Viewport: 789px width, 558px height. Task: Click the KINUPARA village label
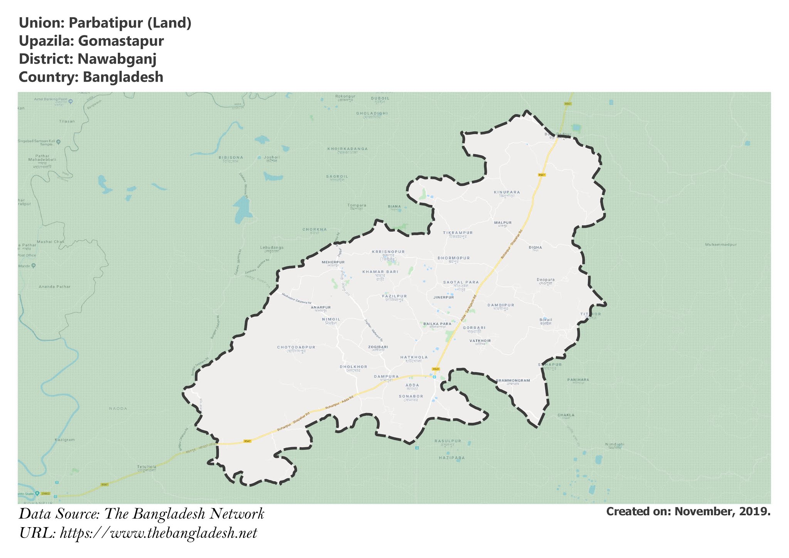point(507,192)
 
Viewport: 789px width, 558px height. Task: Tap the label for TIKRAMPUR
point(458,233)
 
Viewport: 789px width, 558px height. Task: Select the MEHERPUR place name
point(333,262)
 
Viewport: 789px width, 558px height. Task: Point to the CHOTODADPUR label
point(296,347)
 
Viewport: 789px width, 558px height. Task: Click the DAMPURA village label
point(386,376)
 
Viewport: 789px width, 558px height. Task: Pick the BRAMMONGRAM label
point(512,381)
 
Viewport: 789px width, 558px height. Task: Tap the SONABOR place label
point(411,396)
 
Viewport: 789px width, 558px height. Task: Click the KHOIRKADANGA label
point(347,149)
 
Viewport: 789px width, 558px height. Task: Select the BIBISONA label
point(231,158)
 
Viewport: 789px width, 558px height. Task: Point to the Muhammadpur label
point(721,245)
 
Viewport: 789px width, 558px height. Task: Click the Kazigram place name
point(65,440)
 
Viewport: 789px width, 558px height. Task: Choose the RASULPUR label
point(448,441)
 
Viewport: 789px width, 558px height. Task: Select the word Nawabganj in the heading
point(117,59)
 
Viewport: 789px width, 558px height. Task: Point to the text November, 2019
point(722,511)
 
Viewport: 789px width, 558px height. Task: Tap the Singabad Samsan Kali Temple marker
point(58,142)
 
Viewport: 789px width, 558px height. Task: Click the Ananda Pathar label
point(55,287)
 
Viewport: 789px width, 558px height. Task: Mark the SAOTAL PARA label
point(461,282)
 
